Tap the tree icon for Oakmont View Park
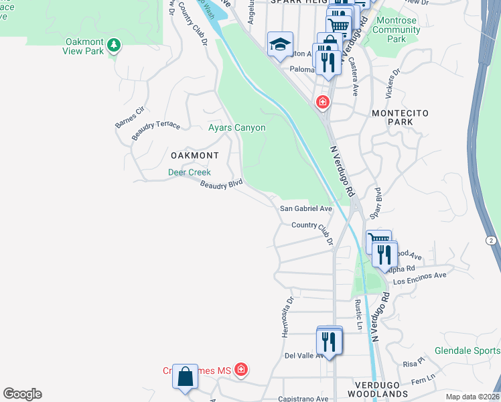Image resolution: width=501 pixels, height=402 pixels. (115, 45)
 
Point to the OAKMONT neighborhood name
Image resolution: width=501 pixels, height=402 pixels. (194, 155)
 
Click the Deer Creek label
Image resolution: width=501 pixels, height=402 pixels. (189, 172)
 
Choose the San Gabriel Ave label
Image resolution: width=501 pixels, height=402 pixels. (305, 209)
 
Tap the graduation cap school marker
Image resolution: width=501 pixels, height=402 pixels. (280, 45)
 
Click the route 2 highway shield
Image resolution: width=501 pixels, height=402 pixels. (492, 241)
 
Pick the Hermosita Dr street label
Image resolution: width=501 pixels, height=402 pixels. (290, 318)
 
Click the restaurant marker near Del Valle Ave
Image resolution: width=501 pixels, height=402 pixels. (329, 342)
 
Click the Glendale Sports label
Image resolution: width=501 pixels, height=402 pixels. (467, 350)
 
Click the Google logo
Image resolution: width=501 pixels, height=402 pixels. (22, 394)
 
